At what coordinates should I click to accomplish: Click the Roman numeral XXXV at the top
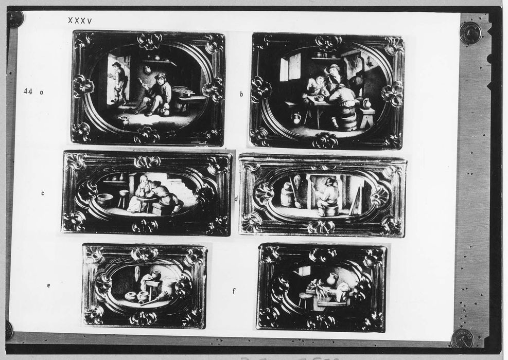click(80, 21)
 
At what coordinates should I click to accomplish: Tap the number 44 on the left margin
click(28, 92)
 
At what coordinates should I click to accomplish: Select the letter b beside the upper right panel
click(241, 94)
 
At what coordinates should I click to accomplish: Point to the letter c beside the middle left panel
click(42, 193)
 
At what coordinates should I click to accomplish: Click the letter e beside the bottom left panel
click(48, 285)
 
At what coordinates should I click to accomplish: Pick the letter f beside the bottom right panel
click(234, 291)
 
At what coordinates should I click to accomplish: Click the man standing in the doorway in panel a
click(117, 83)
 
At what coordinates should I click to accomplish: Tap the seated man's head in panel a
click(159, 79)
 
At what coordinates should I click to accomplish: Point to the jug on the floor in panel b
click(297, 118)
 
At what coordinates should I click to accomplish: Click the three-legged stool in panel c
click(122, 199)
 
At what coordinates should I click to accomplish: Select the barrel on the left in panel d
click(286, 194)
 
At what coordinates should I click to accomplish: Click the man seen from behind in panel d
click(327, 197)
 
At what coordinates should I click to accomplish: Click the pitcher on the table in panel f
click(330, 279)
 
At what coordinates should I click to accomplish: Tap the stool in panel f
click(303, 299)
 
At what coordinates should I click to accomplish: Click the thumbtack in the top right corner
click(470, 33)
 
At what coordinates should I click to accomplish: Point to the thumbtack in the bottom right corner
click(462, 338)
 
